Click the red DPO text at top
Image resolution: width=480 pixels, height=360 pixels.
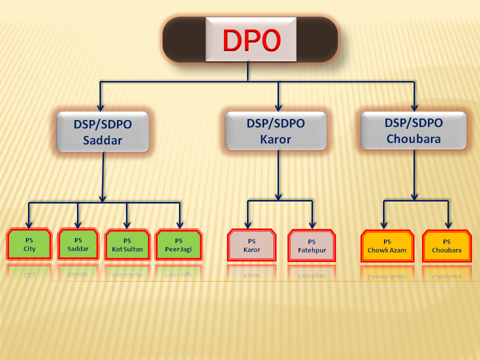[x=251, y=40]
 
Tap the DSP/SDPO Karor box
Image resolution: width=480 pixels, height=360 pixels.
[x=275, y=131]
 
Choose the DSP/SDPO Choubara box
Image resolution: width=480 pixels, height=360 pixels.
[x=413, y=130]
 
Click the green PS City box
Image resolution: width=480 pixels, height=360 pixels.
[x=29, y=244]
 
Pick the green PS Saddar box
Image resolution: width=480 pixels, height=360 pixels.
[x=78, y=244]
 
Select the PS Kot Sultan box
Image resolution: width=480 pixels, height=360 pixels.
[x=127, y=244]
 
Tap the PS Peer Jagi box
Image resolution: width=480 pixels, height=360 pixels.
[x=178, y=244]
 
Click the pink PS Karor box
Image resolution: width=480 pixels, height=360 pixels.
[x=251, y=245]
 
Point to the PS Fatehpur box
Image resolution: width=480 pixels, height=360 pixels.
[x=312, y=246]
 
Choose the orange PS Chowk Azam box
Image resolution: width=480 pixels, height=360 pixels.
[x=387, y=246]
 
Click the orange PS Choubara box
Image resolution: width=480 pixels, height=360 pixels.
[x=446, y=246]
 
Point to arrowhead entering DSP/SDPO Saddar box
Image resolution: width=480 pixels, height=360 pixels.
[x=101, y=107]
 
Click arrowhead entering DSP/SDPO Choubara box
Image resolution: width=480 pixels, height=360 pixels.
[x=414, y=107]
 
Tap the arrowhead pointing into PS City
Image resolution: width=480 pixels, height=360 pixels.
[x=29, y=223]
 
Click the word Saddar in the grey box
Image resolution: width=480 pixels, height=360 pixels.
[x=102, y=140]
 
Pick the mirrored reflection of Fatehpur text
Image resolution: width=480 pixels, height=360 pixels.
[x=312, y=275]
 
